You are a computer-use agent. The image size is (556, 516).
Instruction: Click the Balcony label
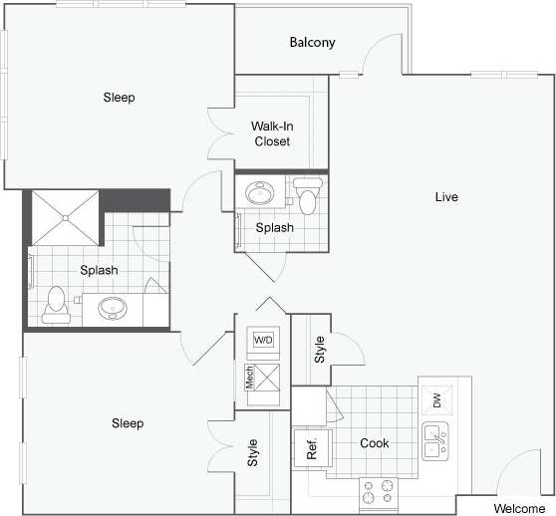[x=312, y=43]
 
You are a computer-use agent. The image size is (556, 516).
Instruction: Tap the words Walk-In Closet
[x=270, y=133]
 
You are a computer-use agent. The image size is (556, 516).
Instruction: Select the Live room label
[x=445, y=197]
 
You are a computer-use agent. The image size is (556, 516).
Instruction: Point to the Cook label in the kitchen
[x=374, y=443]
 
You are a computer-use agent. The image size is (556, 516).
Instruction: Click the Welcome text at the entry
[x=519, y=508]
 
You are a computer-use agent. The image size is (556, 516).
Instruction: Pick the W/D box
[x=263, y=340]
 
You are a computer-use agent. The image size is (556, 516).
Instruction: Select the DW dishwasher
[x=435, y=401]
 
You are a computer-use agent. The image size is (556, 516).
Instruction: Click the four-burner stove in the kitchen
[x=380, y=491]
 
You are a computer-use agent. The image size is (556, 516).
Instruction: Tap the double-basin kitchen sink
[x=434, y=440]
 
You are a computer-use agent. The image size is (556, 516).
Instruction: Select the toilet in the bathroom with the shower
[x=56, y=302]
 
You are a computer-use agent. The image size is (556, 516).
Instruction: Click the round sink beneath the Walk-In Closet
[x=263, y=192]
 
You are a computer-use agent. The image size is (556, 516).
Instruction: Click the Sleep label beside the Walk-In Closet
[x=119, y=98]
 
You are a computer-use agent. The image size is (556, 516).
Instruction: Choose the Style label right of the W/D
[x=320, y=348]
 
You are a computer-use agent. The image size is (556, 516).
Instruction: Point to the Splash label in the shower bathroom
[x=99, y=270]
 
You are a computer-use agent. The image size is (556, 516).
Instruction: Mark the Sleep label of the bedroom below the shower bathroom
[x=128, y=423]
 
